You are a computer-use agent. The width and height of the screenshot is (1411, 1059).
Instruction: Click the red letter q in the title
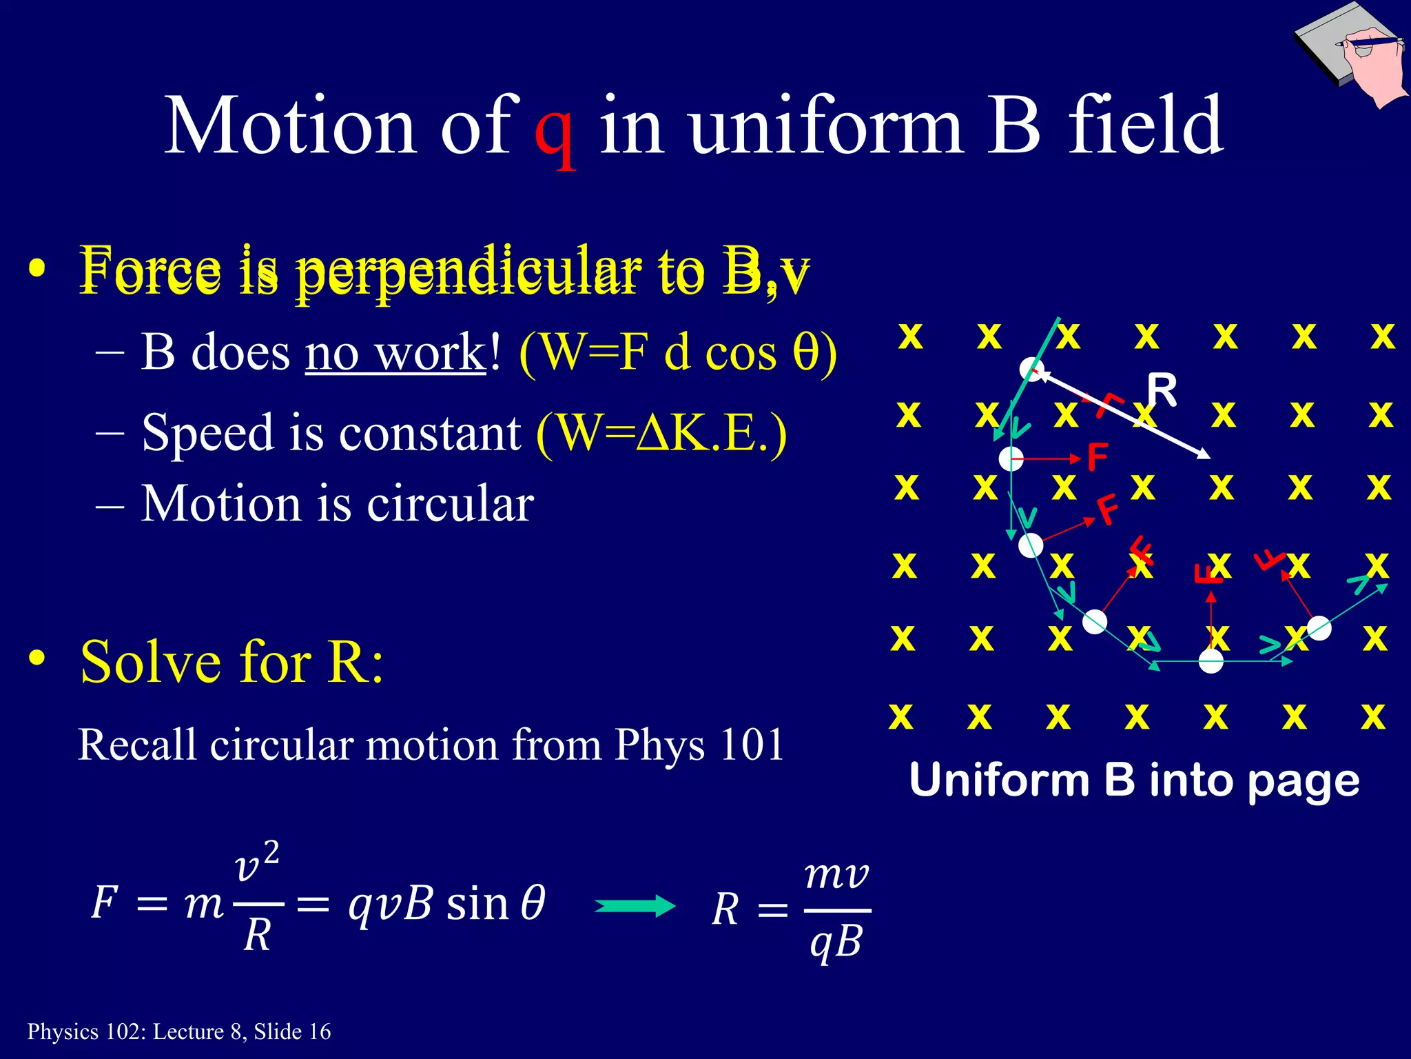coord(555,131)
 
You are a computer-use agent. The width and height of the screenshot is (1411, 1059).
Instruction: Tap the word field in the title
coord(1145,125)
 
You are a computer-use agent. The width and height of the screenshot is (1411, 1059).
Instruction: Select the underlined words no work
coord(395,353)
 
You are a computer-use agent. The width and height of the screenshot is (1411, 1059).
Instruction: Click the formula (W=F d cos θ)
coord(678,353)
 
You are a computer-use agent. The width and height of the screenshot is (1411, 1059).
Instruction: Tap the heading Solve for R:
coord(231,662)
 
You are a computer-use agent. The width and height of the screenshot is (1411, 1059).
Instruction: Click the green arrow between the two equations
coord(635,906)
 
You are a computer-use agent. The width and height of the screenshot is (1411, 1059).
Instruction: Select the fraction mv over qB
coord(836,910)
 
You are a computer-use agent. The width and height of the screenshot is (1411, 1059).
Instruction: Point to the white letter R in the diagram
coord(1162,390)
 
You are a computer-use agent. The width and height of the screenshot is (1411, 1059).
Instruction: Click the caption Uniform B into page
coord(1134,780)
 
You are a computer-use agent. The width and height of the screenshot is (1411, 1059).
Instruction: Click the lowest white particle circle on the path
coord(1211,661)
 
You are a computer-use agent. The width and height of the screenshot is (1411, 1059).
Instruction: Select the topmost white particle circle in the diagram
coord(1031,369)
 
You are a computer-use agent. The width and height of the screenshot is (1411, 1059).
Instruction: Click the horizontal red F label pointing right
coord(1097,457)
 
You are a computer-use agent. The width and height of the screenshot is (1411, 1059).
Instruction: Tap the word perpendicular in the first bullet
coord(468,272)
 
